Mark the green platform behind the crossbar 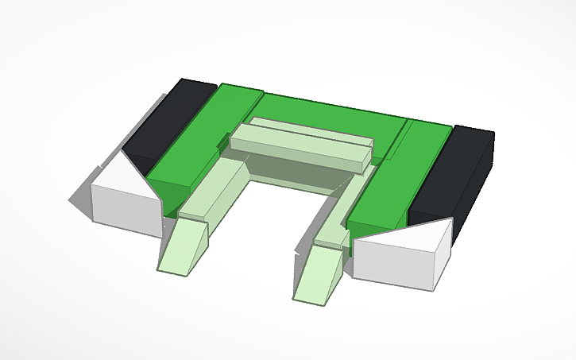334,111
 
